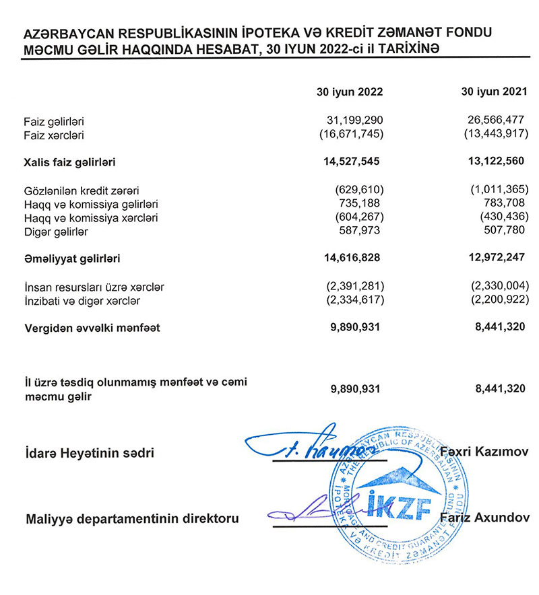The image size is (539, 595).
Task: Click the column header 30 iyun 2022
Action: click(350, 92)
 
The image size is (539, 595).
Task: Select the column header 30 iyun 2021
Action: click(490, 92)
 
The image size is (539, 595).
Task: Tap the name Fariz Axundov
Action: click(484, 518)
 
